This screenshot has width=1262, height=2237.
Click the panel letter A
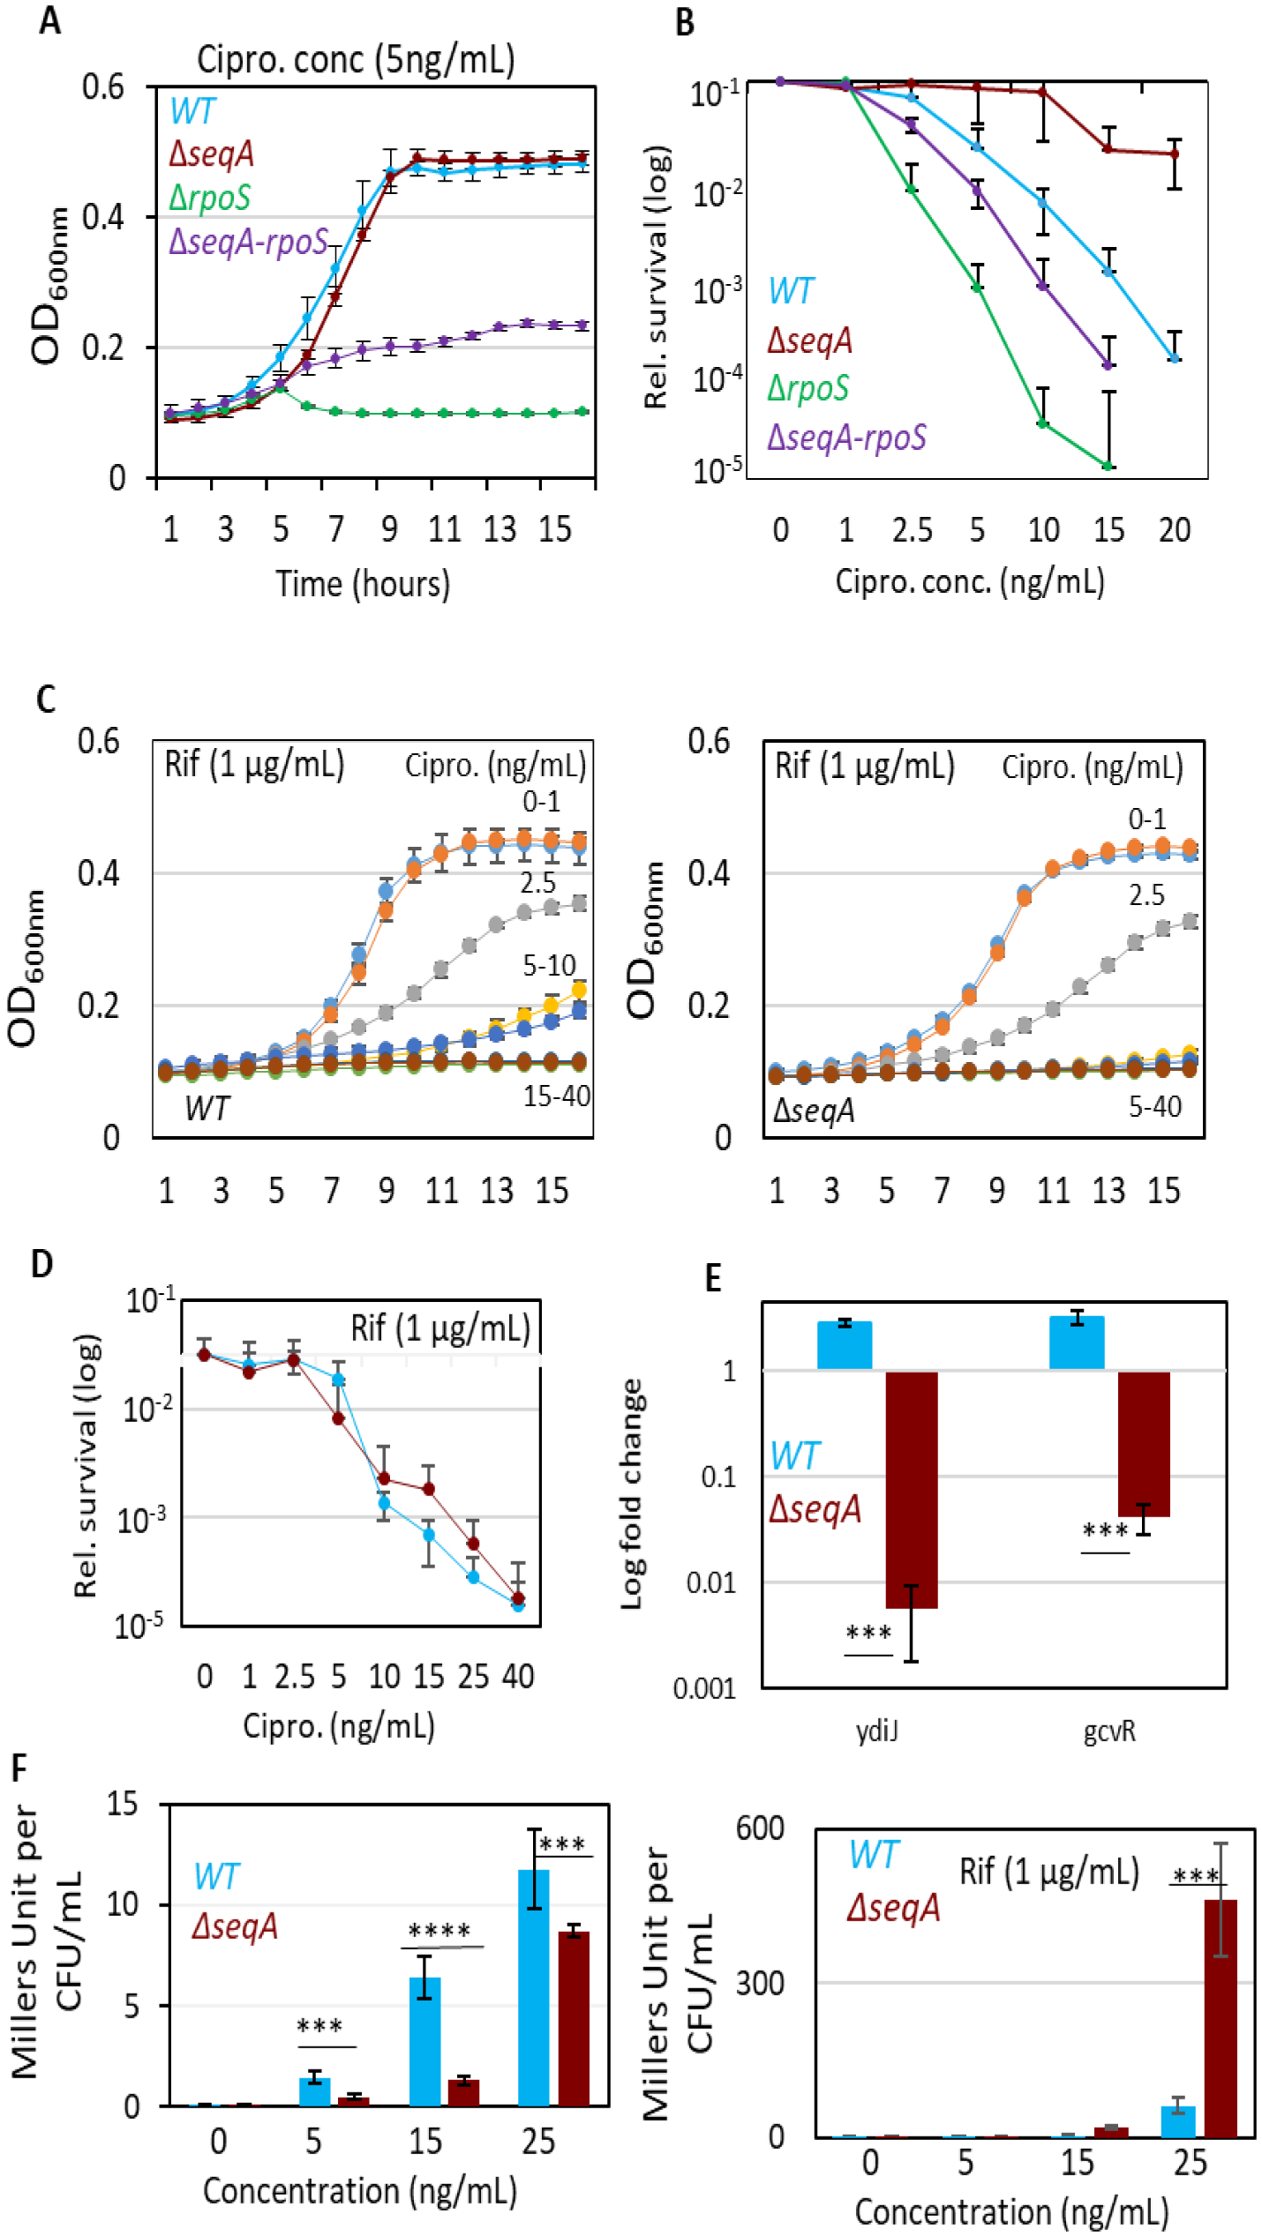coord(49,19)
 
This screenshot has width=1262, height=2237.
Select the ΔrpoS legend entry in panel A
coord(210,197)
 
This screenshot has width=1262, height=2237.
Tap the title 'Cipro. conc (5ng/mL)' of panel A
coord(356,60)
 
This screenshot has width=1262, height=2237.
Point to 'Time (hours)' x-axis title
coord(363,584)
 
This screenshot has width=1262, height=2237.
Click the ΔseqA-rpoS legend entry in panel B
coord(846,437)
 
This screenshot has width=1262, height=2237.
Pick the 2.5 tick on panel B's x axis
coord(912,530)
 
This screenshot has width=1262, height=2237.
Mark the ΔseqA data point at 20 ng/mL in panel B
coord(1174,154)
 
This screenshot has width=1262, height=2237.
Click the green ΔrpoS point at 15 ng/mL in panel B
coord(1108,466)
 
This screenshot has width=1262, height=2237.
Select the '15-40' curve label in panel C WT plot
coord(556,1096)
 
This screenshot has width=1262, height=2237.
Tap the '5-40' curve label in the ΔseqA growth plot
coord(1154,1106)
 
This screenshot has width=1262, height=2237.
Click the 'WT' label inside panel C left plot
coord(207,1108)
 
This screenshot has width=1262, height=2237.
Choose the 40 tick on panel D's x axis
coord(518,1676)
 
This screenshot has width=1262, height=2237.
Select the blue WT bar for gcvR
coord(1077,1343)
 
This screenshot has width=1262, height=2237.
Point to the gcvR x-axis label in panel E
coord(1109,1732)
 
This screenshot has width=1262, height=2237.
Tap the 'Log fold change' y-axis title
coord(631,1494)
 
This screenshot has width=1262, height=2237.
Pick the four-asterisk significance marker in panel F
coord(439,1931)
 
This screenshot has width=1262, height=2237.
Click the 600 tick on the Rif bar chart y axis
coord(760,1829)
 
